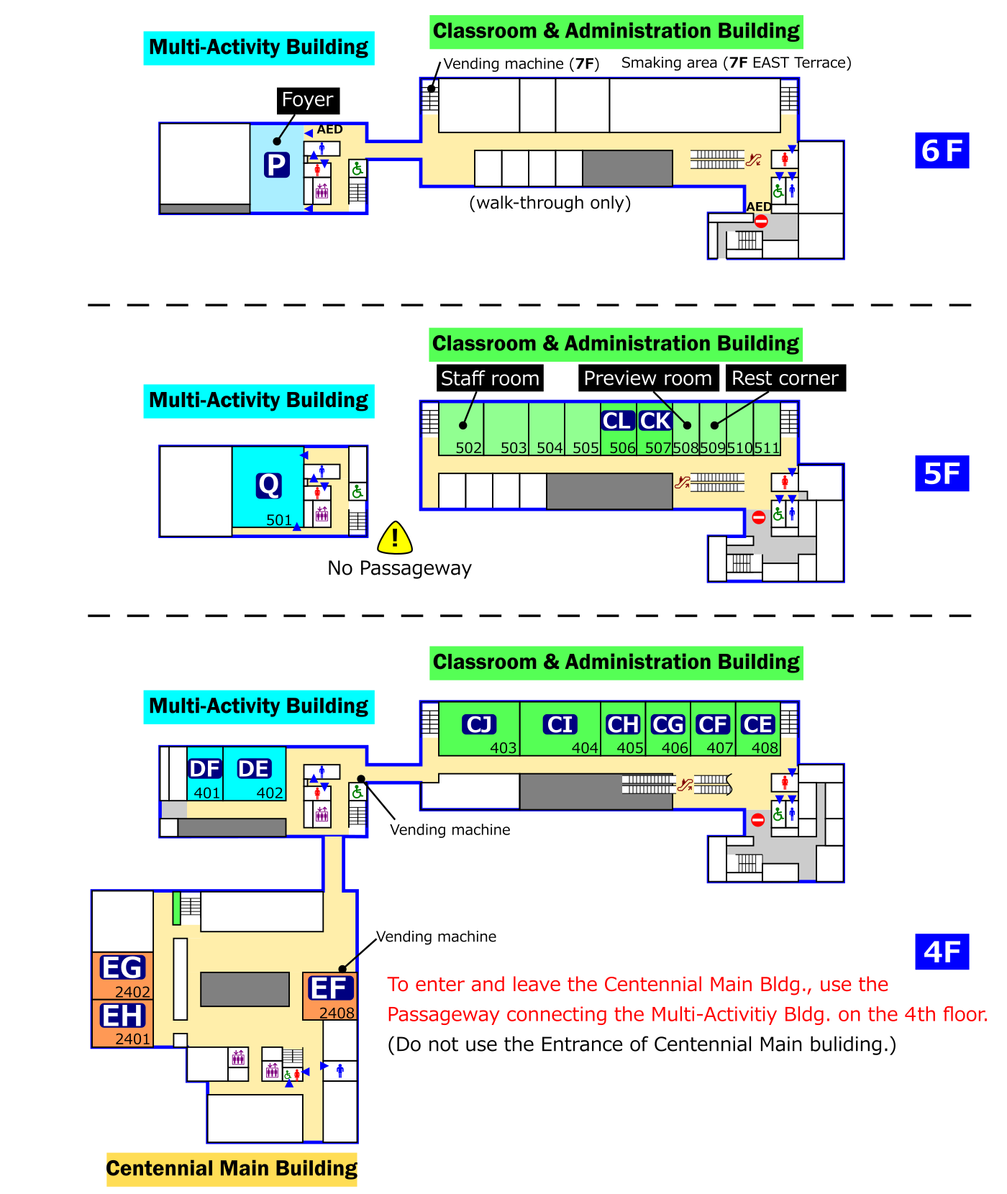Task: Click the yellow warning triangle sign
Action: (395, 538)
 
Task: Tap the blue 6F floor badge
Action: (942, 150)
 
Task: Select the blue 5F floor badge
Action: (942, 473)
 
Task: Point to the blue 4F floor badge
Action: (942, 952)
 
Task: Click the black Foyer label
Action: (308, 100)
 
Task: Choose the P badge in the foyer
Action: (276, 165)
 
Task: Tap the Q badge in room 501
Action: (269, 486)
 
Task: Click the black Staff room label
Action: (490, 378)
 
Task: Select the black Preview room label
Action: (648, 378)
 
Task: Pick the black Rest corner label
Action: (785, 378)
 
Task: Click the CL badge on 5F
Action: (618, 421)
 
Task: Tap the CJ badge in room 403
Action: (479, 724)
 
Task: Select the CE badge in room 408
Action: (757, 724)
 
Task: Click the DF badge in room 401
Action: (205, 769)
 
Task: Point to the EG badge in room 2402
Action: (123, 967)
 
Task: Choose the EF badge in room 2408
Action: (331, 988)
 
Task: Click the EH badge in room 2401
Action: (123, 1016)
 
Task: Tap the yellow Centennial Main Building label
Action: (232, 1168)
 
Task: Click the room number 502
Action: (468, 448)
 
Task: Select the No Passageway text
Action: (399, 568)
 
